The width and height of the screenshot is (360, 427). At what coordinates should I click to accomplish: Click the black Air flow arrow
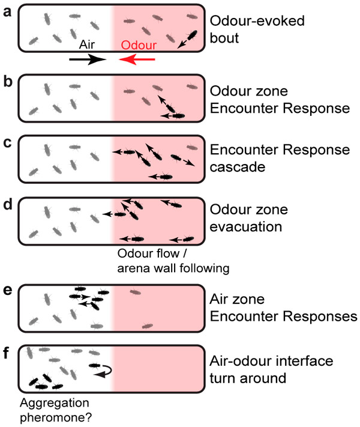88,59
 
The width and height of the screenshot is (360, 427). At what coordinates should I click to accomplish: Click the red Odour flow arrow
137,59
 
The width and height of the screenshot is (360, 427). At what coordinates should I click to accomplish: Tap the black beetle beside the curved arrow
95,365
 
